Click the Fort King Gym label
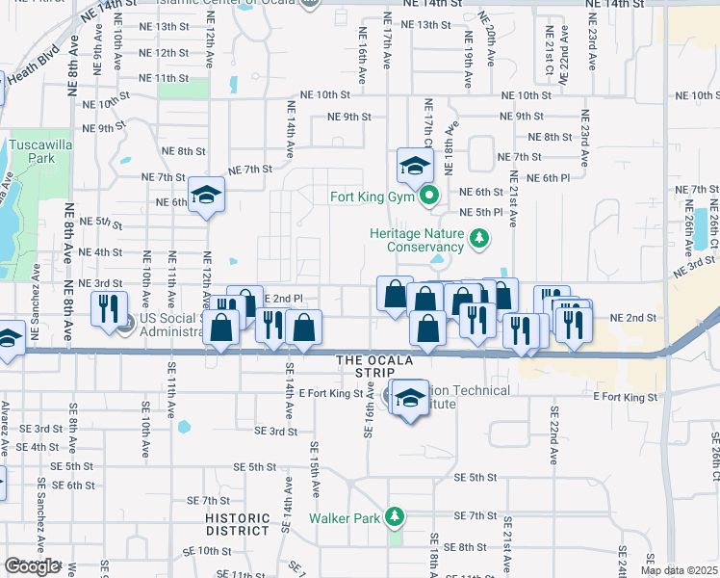[371, 198]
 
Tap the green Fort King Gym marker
[430, 198]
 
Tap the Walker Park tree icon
[394, 517]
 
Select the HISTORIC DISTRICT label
[238, 524]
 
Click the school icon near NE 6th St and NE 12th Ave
[206, 196]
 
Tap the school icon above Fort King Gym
[415, 167]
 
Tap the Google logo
[32, 566]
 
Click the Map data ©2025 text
[679, 570]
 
